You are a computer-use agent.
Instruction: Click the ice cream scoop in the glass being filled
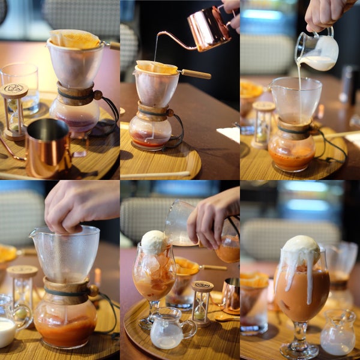pos(154,242)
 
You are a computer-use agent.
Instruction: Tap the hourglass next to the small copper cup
pos(202,302)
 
